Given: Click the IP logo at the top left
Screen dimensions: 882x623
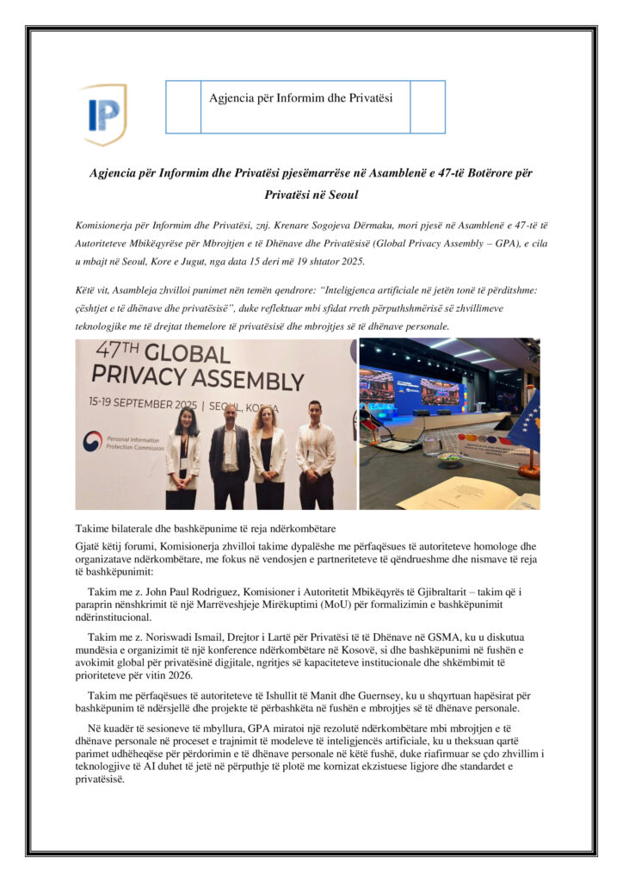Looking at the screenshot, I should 104,114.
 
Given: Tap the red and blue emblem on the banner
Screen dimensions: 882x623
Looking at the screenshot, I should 92,440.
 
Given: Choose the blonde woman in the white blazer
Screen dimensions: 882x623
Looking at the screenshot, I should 268,452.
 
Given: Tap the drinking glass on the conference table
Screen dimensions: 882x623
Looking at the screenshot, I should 430,444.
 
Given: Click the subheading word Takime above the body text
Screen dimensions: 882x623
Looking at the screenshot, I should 93,528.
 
